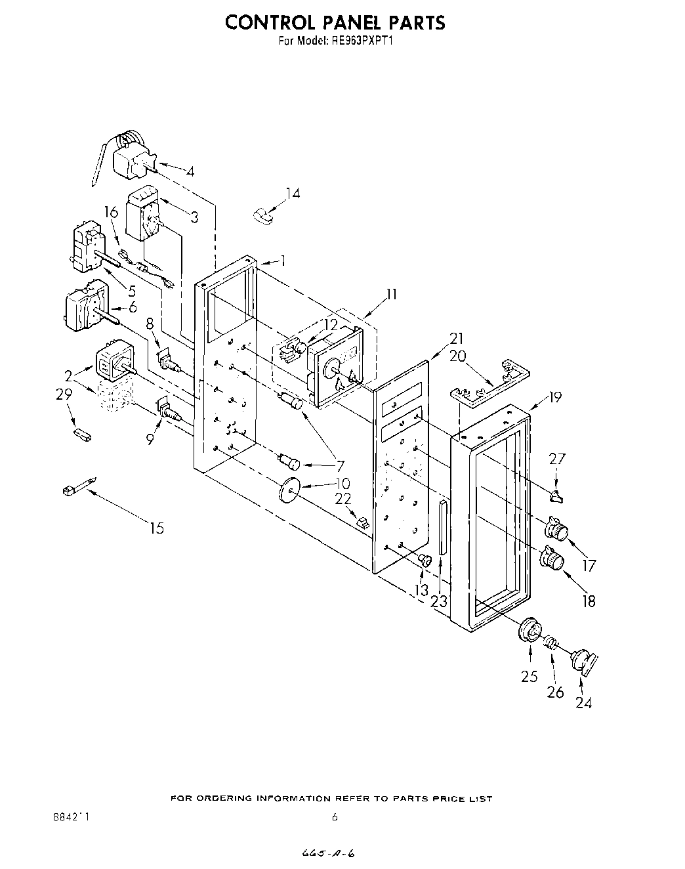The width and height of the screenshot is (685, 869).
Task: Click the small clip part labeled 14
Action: pos(264,214)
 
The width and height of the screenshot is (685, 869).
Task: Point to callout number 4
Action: pos(190,172)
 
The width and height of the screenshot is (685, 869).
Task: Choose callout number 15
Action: pos(157,528)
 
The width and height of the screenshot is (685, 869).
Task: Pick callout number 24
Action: pos(583,702)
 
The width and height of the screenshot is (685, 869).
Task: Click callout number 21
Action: pos(457,339)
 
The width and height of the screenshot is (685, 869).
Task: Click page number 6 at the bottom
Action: pos(335,817)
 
